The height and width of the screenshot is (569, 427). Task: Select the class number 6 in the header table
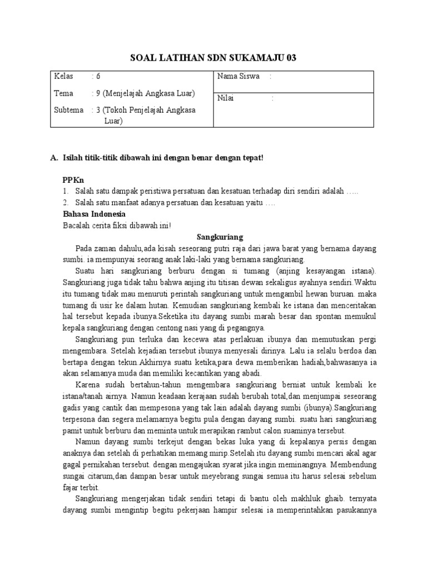coord(98,77)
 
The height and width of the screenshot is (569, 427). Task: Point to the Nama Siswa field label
coord(239,76)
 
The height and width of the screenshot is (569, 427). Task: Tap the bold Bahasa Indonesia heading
coord(94,214)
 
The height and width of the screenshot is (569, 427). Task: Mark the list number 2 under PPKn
coord(64,203)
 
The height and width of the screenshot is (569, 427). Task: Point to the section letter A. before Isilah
coord(54,158)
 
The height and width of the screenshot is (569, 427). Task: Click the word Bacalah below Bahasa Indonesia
coord(77,225)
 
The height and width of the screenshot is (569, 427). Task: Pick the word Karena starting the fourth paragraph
coord(87,385)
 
